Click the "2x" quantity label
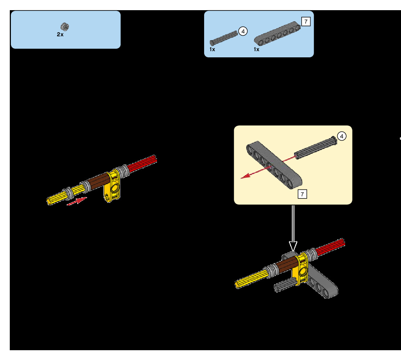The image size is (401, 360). point(60,35)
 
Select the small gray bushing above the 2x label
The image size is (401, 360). point(65,26)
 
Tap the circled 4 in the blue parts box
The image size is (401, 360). point(243,31)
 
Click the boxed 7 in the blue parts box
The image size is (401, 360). point(306,21)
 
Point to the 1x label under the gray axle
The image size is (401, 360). point(212,49)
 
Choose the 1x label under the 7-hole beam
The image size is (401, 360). point(256,49)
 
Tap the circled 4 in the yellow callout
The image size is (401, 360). point(342,136)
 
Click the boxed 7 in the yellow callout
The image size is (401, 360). point(302,194)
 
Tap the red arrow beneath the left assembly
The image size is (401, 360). point(77,201)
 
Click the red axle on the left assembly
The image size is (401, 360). point(143,164)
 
